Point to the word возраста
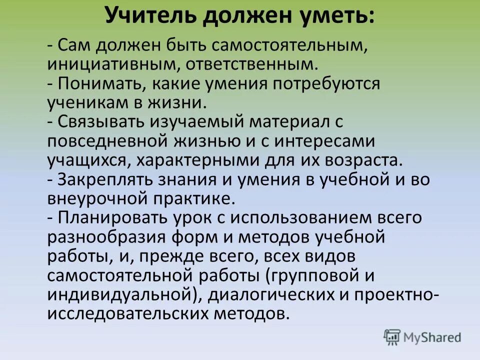[x=361, y=161]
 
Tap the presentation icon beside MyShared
[x=392, y=337]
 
